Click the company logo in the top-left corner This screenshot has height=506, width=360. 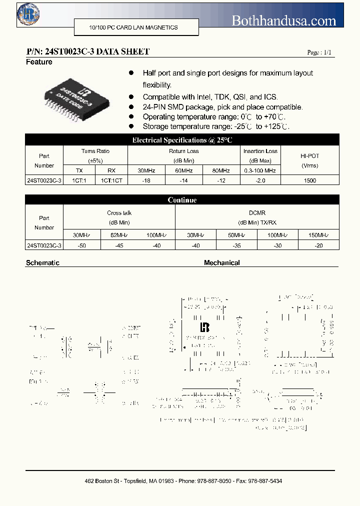pos(28,14)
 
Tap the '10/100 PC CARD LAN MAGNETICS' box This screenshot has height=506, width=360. pos(136,27)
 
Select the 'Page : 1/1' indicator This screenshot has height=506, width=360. pos(319,52)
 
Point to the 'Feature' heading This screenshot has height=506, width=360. pos(39,62)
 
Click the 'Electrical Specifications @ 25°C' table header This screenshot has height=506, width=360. pos(182,140)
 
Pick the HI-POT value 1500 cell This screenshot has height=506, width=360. pos(310,180)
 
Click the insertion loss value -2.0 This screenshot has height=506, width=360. pos(260,180)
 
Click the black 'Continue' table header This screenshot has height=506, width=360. pos(182,200)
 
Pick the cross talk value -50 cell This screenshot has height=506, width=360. pos(82,245)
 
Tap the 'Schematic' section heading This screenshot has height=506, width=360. pos(42,262)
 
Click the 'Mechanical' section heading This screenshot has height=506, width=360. pos(221,262)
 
